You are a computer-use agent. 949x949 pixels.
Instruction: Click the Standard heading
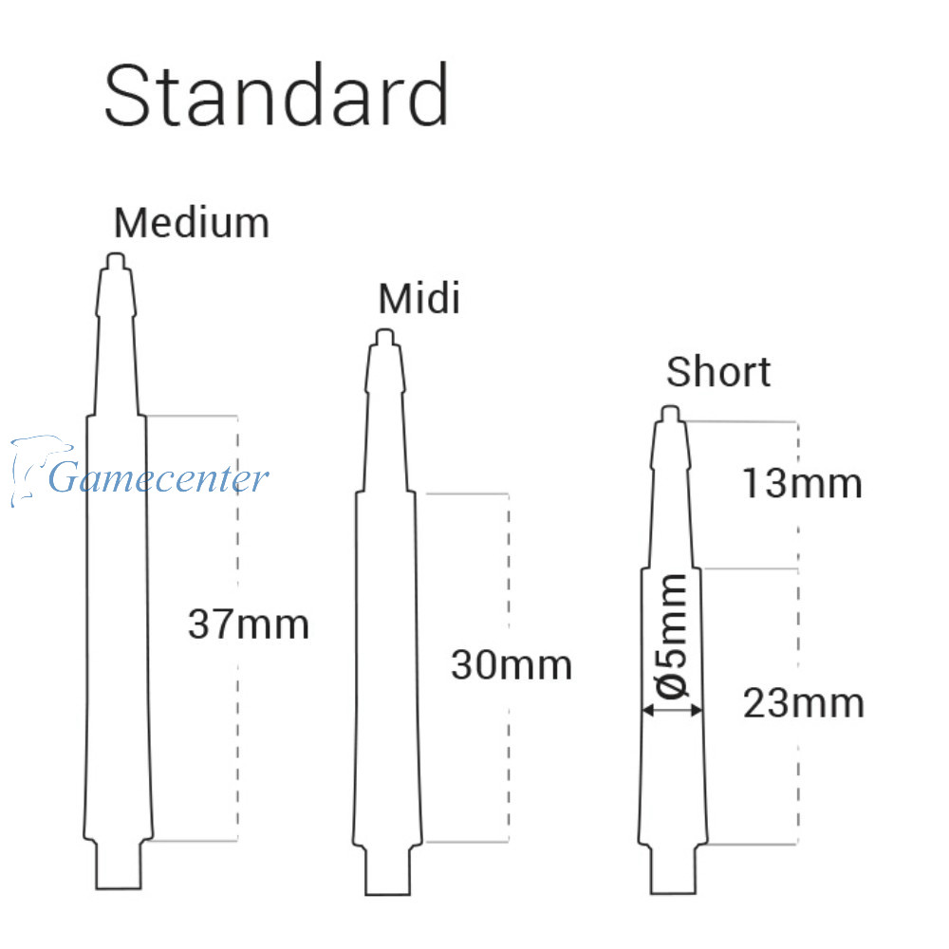click(276, 95)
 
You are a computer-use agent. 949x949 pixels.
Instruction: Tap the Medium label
click(192, 223)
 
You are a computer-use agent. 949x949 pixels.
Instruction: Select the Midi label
click(419, 298)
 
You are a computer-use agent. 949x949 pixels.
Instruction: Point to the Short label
click(718, 371)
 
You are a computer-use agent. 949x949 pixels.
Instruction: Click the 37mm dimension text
click(248, 624)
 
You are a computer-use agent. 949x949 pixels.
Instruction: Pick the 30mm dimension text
click(512, 665)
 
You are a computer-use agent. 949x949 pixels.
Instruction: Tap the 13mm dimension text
click(802, 484)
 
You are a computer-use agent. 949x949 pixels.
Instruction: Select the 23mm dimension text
click(803, 703)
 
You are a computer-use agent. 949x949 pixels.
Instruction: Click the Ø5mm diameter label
click(672, 636)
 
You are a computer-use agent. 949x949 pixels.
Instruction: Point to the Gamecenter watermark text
click(158, 477)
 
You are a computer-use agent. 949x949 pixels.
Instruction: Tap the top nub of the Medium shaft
click(116, 262)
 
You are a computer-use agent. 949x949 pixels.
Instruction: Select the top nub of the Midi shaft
click(385, 337)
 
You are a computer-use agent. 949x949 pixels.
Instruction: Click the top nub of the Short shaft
click(670, 414)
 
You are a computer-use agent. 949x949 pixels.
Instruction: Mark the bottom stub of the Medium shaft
click(119, 865)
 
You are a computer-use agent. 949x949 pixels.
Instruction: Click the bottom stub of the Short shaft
click(673, 869)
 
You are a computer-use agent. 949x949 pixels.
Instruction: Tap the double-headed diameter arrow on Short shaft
click(673, 710)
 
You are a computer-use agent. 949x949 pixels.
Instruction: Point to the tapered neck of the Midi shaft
click(385, 419)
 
